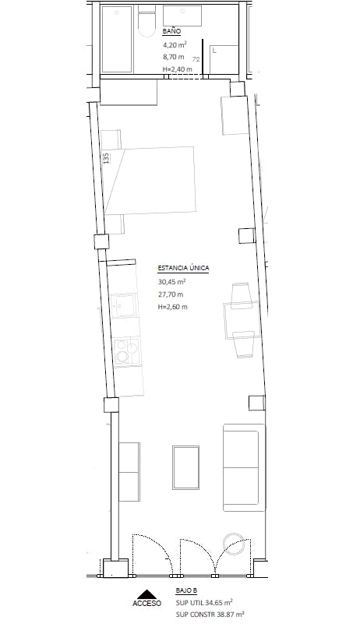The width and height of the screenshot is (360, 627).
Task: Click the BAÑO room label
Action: (x=171, y=32)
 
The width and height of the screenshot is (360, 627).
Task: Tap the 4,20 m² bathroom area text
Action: (x=175, y=45)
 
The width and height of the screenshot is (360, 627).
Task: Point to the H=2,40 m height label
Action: (x=177, y=69)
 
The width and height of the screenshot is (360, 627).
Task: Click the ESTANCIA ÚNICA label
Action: (x=183, y=268)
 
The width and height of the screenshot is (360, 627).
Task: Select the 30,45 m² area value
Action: (x=172, y=282)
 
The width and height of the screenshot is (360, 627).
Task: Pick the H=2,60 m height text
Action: (x=173, y=307)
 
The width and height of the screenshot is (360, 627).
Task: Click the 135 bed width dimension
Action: (x=106, y=158)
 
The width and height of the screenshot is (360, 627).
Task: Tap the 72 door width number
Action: (x=196, y=59)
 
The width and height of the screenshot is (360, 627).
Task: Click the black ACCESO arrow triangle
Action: (x=146, y=594)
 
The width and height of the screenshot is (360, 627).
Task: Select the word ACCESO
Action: (x=146, y=604)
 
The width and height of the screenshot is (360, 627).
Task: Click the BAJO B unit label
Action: (x=186, y=590)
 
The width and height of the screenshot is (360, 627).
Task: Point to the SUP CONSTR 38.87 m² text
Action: (x=210, y=614)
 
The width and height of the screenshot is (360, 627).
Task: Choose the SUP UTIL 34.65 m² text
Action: (x=204, y=602)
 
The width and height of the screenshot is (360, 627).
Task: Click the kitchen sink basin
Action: (x=124, y=306)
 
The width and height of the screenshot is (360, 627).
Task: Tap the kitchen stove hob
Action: (x=127, y=352)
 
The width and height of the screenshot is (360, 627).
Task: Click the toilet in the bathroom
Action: (x=146, y=21)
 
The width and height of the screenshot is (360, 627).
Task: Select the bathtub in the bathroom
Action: (x=117, y=39)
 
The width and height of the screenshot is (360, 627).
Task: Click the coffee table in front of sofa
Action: (x=186, y=468)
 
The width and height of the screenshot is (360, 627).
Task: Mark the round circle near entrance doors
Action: (x=234, y=544)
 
